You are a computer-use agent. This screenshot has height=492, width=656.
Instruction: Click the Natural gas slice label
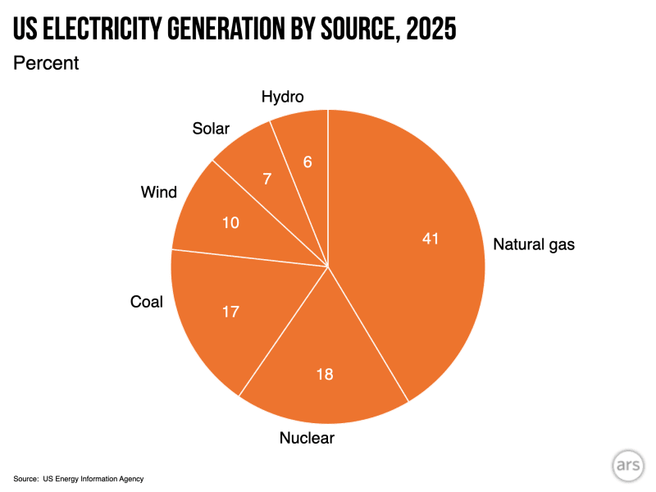[x=534, y=244]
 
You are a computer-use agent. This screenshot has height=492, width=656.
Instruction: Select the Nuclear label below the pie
[x=307, y=438]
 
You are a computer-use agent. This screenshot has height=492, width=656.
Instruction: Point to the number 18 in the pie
[x=325, y=374]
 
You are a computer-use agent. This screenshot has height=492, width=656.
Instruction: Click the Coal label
[x=147, y=302]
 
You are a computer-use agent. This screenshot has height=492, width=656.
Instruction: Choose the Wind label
[x=158, y=193]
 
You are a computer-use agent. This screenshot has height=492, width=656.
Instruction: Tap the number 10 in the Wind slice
[x=231, y=221]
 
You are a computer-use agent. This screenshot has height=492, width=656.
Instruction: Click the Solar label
[x=211, y=129]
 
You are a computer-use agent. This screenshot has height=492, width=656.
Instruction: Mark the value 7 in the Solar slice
[x=267, y=179]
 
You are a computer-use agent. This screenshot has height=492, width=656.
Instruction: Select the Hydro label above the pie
[x=282, y=97]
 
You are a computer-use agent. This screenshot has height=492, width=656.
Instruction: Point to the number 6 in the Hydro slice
[x=307, y=162]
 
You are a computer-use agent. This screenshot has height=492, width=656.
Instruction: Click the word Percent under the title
[x=46, y=63]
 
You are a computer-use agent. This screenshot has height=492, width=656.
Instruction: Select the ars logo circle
[x=627, y=465]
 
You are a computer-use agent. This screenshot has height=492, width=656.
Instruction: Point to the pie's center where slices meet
[x=328, y=266]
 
